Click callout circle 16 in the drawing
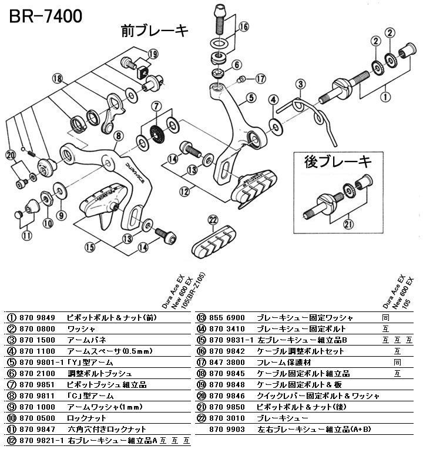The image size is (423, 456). [243, 26]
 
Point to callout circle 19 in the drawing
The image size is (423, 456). [153, 54]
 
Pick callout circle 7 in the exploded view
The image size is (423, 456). [156, 107]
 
